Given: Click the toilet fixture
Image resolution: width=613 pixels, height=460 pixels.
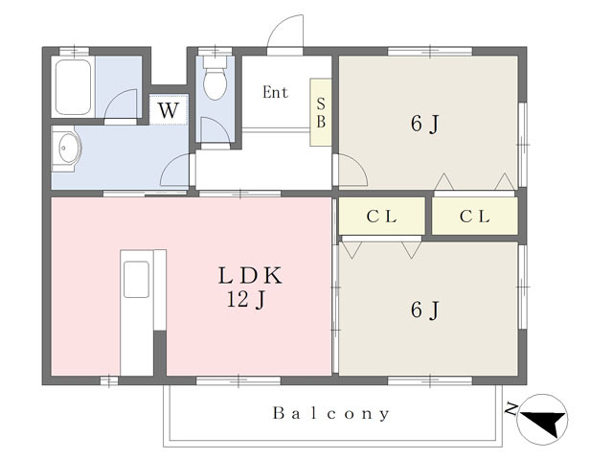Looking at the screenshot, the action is (x=215, y=79).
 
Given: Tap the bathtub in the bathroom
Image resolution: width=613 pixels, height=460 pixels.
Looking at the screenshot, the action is (x=73, y=86).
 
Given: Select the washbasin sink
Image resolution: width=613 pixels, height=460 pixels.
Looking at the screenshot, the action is (x=67, y=149).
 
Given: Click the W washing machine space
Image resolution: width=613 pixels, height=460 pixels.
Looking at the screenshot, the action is (x=169, y=109).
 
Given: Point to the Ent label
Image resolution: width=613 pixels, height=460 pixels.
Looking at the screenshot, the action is (x=275, y=92).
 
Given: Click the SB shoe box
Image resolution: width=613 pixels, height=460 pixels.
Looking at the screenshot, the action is (x=321, y=113).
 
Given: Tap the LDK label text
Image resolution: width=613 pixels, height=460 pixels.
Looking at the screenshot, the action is (x=250, y=275).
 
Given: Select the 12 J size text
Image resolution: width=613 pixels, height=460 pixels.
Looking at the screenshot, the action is (x=247, y=300).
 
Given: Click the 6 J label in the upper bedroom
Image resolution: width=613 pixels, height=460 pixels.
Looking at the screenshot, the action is (x=425, y=125).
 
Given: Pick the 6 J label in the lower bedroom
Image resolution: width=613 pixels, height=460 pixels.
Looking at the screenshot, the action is (x=425, y=310).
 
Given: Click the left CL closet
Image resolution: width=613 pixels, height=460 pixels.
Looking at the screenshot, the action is (x=381, y=217).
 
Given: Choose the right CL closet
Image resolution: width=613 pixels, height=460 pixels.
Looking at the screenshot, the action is (x=475, y=217).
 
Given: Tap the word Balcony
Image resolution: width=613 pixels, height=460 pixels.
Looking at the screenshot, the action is (x=331, y=413).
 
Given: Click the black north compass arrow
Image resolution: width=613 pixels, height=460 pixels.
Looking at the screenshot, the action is (x=545, y=422).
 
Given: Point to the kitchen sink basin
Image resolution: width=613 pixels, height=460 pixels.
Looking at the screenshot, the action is (x=136, y=280).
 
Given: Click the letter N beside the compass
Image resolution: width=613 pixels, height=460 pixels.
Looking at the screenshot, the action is (x=511, y=409).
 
